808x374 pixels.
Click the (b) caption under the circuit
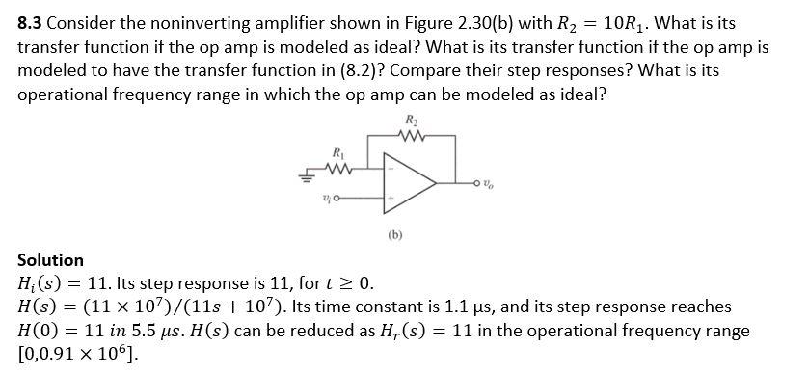tap(395, 232)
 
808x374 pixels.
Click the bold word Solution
tap(51, 260)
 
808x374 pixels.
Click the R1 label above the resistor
tap(336, 153)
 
